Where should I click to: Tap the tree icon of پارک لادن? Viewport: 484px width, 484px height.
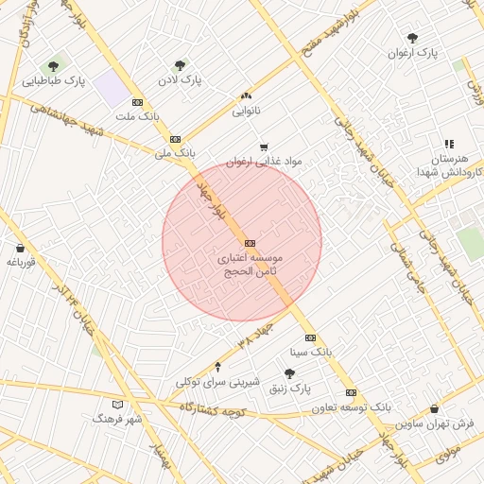coord(180,65)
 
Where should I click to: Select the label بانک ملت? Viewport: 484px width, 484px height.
coord(135,116)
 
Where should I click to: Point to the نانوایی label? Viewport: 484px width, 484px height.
coord(247,111)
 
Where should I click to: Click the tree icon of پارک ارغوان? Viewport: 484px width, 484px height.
coord(411,38)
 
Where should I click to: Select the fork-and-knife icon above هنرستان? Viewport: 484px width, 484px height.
coord(449,144)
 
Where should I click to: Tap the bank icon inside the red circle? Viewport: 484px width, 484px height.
coord(250,243)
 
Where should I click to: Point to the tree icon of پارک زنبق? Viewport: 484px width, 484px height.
coord(289,373)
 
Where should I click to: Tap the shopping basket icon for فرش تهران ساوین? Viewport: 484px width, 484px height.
coord(434,409)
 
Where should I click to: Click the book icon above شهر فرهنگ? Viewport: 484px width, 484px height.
coord(117,405)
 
